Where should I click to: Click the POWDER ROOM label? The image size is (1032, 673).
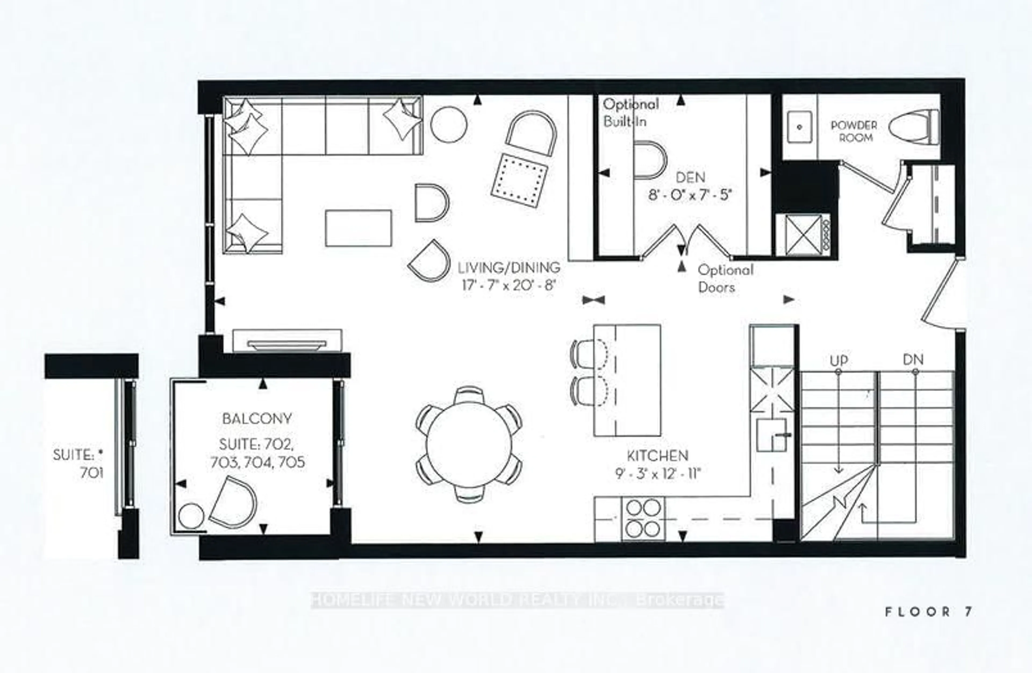(x=853, y=131)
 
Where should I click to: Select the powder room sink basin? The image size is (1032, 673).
(x=800, y=127)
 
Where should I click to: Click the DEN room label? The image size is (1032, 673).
(x=690, y=177)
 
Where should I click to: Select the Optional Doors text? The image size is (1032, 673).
(x=725, y=279)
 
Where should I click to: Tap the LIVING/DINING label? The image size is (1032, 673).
(x=509, y=267)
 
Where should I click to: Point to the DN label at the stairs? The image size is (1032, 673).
(x=913, y=359)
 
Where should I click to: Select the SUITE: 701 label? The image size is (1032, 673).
(x=79, y=464)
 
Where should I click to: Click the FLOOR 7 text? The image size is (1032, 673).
(x=929, y=612)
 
